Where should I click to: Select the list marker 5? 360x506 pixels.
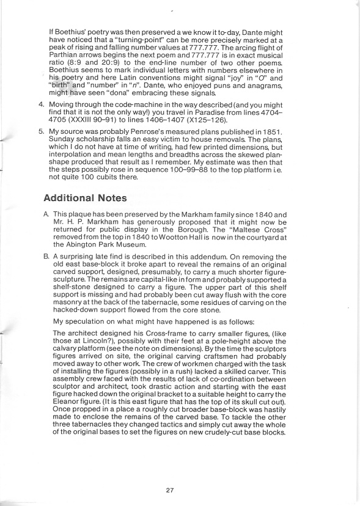tap(40, 148)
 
